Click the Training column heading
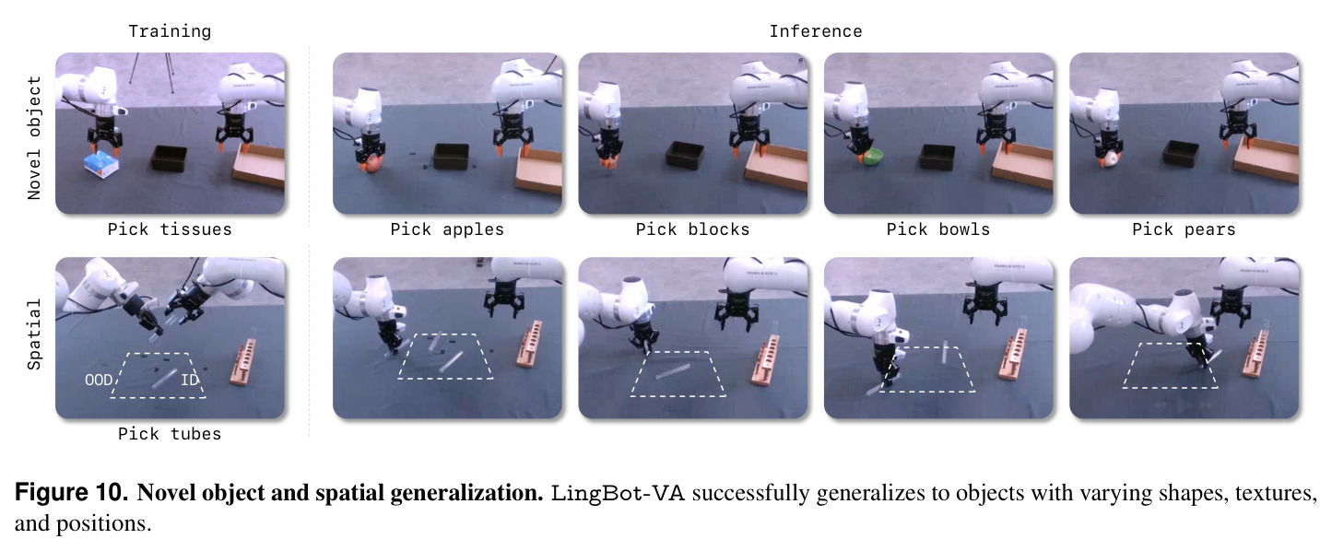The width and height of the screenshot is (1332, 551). pyautogui.click(x=170, y=31)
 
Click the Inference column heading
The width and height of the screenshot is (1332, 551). pyautogui.click(x=815, y=31)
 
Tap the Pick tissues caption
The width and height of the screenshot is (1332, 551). pyautogui.click(x=170, y=229)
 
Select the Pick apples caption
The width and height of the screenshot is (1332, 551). pyautogui.click(x=446, y=229)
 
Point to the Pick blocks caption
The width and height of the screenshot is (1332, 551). pyautogui.click(x=692, y=229)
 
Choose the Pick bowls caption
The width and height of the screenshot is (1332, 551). pyautogui.click(x=937, y=229)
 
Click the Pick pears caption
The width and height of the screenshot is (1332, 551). pyautogui.click(x=1184, y=229)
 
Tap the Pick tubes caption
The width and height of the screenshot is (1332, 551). pyautogui.click(x=170, y=434)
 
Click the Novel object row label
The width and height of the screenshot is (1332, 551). pyautogui.click(x=34, y=137)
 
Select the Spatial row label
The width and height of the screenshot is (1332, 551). pyautogui.click(x=34, y=334)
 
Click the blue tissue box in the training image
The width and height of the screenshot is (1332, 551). pyautogui.click(x=101, y=164)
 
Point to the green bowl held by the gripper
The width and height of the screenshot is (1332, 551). pyautogui.click(x=873, y=158)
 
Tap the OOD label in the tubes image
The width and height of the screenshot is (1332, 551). pyautogui.click(x=98, y=380)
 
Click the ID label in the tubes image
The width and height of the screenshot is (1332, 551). pyautogui.click(x=189, y=380)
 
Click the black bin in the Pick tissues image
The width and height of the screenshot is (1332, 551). pyautogui.click(x=170, y=158)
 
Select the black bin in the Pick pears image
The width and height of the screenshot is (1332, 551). pyautogui.click(x=1181, y=153)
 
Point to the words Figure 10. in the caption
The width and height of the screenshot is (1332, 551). pyautogui.click(x=71, y=493)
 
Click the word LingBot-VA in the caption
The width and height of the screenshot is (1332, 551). pyautogui.click(x=618, y=493)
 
